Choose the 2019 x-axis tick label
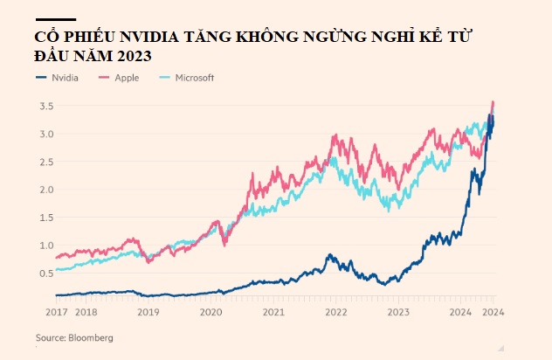[x=148, y=312]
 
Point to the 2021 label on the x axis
[x=273, y=312]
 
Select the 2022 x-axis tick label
[x=335, y=312]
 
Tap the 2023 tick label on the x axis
[x=398, y=312]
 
